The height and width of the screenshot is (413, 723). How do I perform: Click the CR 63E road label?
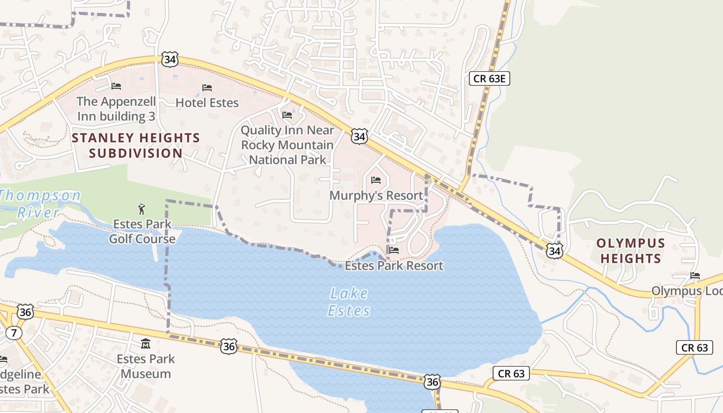(x=490, y=78)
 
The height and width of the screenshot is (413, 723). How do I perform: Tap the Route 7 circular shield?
(x=14, y=333)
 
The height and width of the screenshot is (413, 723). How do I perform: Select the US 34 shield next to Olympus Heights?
(x=554, y=251)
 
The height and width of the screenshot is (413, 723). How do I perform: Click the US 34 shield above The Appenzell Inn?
(x=169, y=60)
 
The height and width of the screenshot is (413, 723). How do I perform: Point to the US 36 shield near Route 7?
(x=25, y=312)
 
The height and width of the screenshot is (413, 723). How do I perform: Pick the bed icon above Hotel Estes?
(x=207, y=88)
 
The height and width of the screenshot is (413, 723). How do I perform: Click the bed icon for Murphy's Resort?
(x=376, y=180)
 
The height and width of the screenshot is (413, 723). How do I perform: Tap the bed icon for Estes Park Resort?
(x=394, y=250)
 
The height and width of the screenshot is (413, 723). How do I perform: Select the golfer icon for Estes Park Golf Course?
(x=142, y=209)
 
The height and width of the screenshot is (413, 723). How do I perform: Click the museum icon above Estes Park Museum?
(x=146, y=343)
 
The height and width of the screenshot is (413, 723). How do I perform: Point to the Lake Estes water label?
(x=349, y=302)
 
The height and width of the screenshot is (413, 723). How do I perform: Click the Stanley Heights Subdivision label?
(x=136, y=146)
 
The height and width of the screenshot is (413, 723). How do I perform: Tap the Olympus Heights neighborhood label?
(x=631, y=250)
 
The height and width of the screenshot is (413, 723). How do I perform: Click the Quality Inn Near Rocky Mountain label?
(x=288, y=145)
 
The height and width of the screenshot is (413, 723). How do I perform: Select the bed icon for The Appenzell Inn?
(x=116, y=86)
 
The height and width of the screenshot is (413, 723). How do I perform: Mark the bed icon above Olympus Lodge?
(x=695, y=276)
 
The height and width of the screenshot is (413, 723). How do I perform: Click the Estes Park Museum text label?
(x=146, y=366)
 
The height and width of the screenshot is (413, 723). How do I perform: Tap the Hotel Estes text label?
(x=207, y=103)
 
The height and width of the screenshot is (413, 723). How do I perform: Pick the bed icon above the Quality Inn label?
(x=287, y=115)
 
